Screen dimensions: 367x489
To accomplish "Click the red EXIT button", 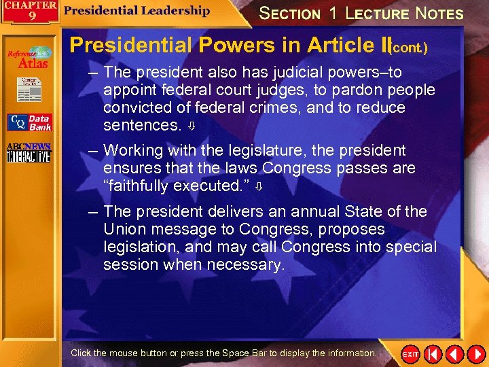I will point(411,354).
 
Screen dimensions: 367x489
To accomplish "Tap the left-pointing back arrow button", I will point(454,354).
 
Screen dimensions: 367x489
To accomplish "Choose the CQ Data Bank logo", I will point(29,122).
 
